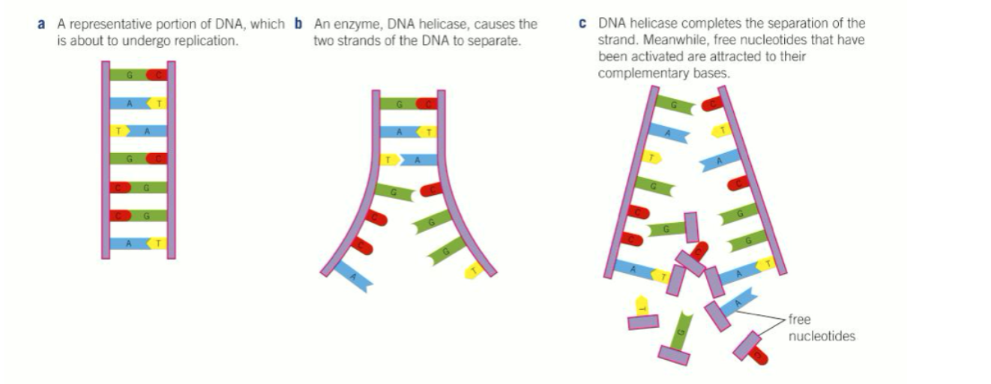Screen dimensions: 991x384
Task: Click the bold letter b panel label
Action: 298,25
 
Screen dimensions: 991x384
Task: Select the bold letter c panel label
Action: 582,25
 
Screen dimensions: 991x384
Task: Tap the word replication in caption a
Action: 202,41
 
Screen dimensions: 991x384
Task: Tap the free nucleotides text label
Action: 821,328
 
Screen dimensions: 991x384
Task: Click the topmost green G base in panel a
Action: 129,74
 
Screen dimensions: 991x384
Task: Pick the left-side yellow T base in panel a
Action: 117,130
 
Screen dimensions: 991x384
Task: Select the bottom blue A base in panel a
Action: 129,243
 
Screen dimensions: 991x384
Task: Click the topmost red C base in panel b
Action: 427,103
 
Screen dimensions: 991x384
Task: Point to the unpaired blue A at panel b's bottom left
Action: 355,277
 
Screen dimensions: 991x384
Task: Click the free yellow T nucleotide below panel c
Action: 642,307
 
